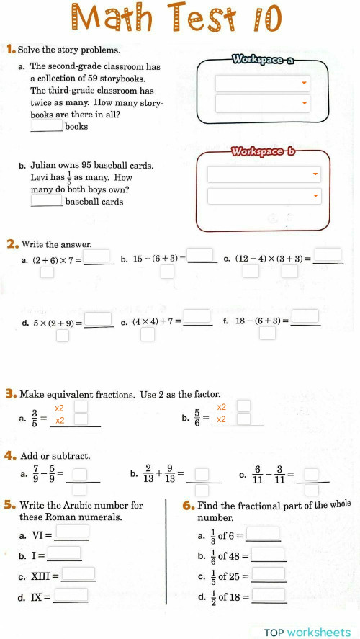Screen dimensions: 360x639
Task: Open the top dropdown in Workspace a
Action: (x=262, y=84)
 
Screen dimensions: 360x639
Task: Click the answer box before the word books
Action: (x=47, y=125)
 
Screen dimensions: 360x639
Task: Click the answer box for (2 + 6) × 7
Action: (x=99, y=256)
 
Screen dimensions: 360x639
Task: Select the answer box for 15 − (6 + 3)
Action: (x=202, y=255)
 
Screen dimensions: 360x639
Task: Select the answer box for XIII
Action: (x=78, y=574)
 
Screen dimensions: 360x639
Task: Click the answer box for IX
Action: (x=71, y=595)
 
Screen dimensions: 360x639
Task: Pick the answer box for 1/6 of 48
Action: (x=268, y=555)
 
